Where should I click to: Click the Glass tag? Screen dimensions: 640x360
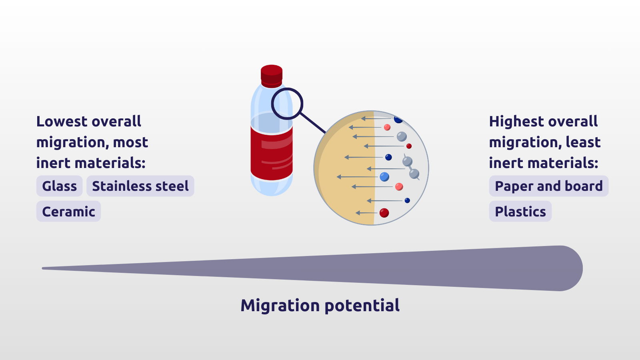point(60,186)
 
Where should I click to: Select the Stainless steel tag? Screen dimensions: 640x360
point(140,186)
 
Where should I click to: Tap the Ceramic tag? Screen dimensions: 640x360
point(68,212)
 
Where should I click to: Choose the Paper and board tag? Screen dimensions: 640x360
point(549,186)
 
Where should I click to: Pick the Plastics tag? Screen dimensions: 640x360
point(520,212)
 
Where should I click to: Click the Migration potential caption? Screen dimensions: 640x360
point(320,306)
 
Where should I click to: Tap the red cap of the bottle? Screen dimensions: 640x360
point(272,76)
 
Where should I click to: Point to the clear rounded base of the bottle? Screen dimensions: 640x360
point(272,186)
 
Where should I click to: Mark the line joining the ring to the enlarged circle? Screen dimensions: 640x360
point(313,123)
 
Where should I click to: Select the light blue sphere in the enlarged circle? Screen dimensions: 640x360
point(384,177)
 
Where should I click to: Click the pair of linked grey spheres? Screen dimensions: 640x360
point(411,168)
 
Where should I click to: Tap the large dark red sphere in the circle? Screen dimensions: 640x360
point(384,213)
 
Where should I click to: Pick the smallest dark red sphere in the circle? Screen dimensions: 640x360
point(409,146)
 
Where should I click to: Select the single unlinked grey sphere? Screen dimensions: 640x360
point(402,136)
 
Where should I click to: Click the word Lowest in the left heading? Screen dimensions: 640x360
point(62,122)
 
